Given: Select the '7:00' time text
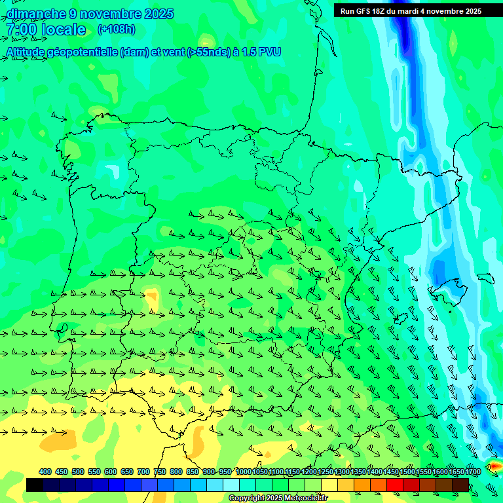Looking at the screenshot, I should tap(21, 29).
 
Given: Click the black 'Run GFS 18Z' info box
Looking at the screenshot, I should tap(411, 11).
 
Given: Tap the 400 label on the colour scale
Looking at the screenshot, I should tap(45, 472).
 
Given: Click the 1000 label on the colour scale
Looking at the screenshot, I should tap(243, 472).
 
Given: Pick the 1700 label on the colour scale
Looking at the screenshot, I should tap(473, 472).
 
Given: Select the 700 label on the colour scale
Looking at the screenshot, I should tap(143, 472).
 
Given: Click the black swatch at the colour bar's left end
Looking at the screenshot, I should tap(35, 485).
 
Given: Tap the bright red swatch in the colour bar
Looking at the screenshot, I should tap(395, 485).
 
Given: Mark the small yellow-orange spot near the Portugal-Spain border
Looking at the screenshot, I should tap(152, 299).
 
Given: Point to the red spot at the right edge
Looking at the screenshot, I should tap(494, 466).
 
